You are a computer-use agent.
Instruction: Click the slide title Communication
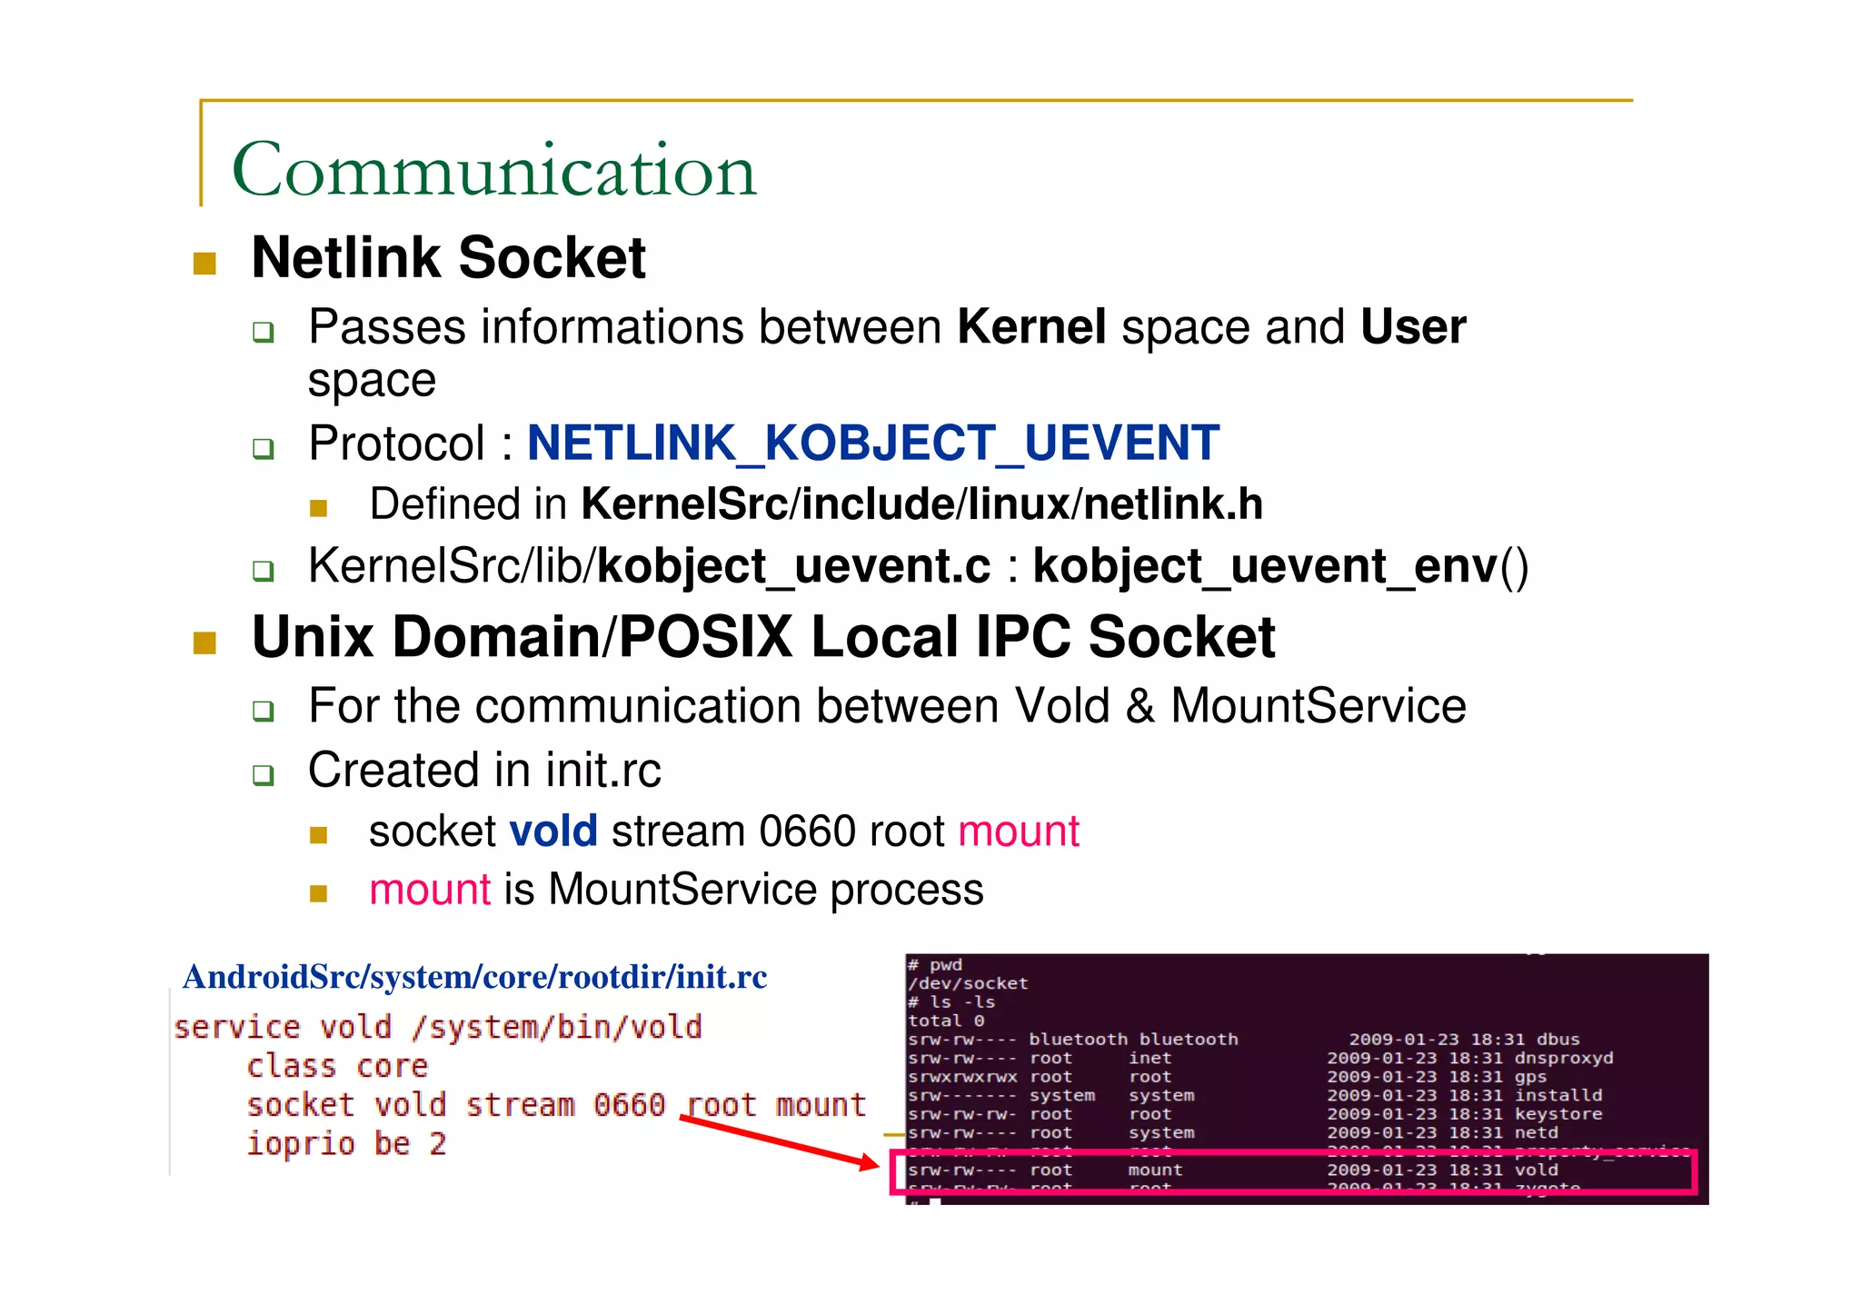493,170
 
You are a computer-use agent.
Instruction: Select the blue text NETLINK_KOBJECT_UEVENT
872,443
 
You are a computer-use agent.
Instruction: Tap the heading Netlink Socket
448,258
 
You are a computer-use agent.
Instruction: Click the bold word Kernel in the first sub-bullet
1031,327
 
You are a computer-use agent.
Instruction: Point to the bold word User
1413,327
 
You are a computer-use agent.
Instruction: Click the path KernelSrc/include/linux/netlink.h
921,504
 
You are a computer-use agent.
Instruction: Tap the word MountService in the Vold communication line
1318,706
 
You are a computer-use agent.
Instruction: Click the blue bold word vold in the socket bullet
552,832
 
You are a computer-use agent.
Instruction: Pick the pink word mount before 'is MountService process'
430,890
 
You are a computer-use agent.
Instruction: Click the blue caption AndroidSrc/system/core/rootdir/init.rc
474,977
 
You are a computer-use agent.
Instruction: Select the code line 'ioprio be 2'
346,1143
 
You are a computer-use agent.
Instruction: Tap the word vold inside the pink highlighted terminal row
1536,1171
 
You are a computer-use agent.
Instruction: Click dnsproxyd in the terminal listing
1563,1059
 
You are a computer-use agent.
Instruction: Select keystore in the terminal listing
1557,1114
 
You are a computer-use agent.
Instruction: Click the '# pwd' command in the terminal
935,965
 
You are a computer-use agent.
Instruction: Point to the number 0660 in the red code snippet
629,1105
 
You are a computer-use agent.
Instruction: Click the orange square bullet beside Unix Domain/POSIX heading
204,643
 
